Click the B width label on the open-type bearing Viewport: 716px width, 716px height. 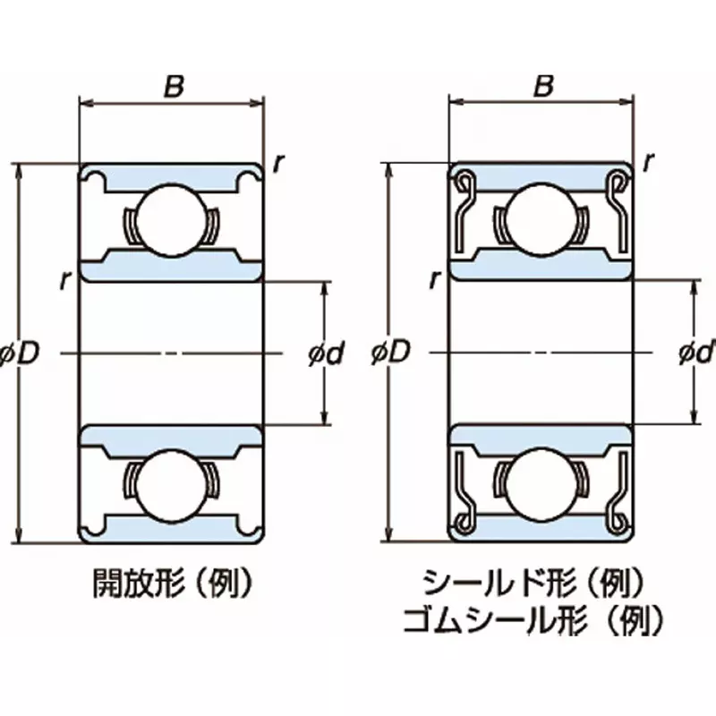point(174,86)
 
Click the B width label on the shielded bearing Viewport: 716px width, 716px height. point(542,86)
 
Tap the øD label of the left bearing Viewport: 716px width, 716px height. point(20,354)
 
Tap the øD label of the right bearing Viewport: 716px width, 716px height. point(389,354)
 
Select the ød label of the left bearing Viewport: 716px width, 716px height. point(326,354)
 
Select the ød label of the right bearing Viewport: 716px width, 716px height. point(696,354)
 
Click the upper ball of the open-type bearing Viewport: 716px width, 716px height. point(172,217)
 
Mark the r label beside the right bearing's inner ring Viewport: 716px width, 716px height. point(434,280)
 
